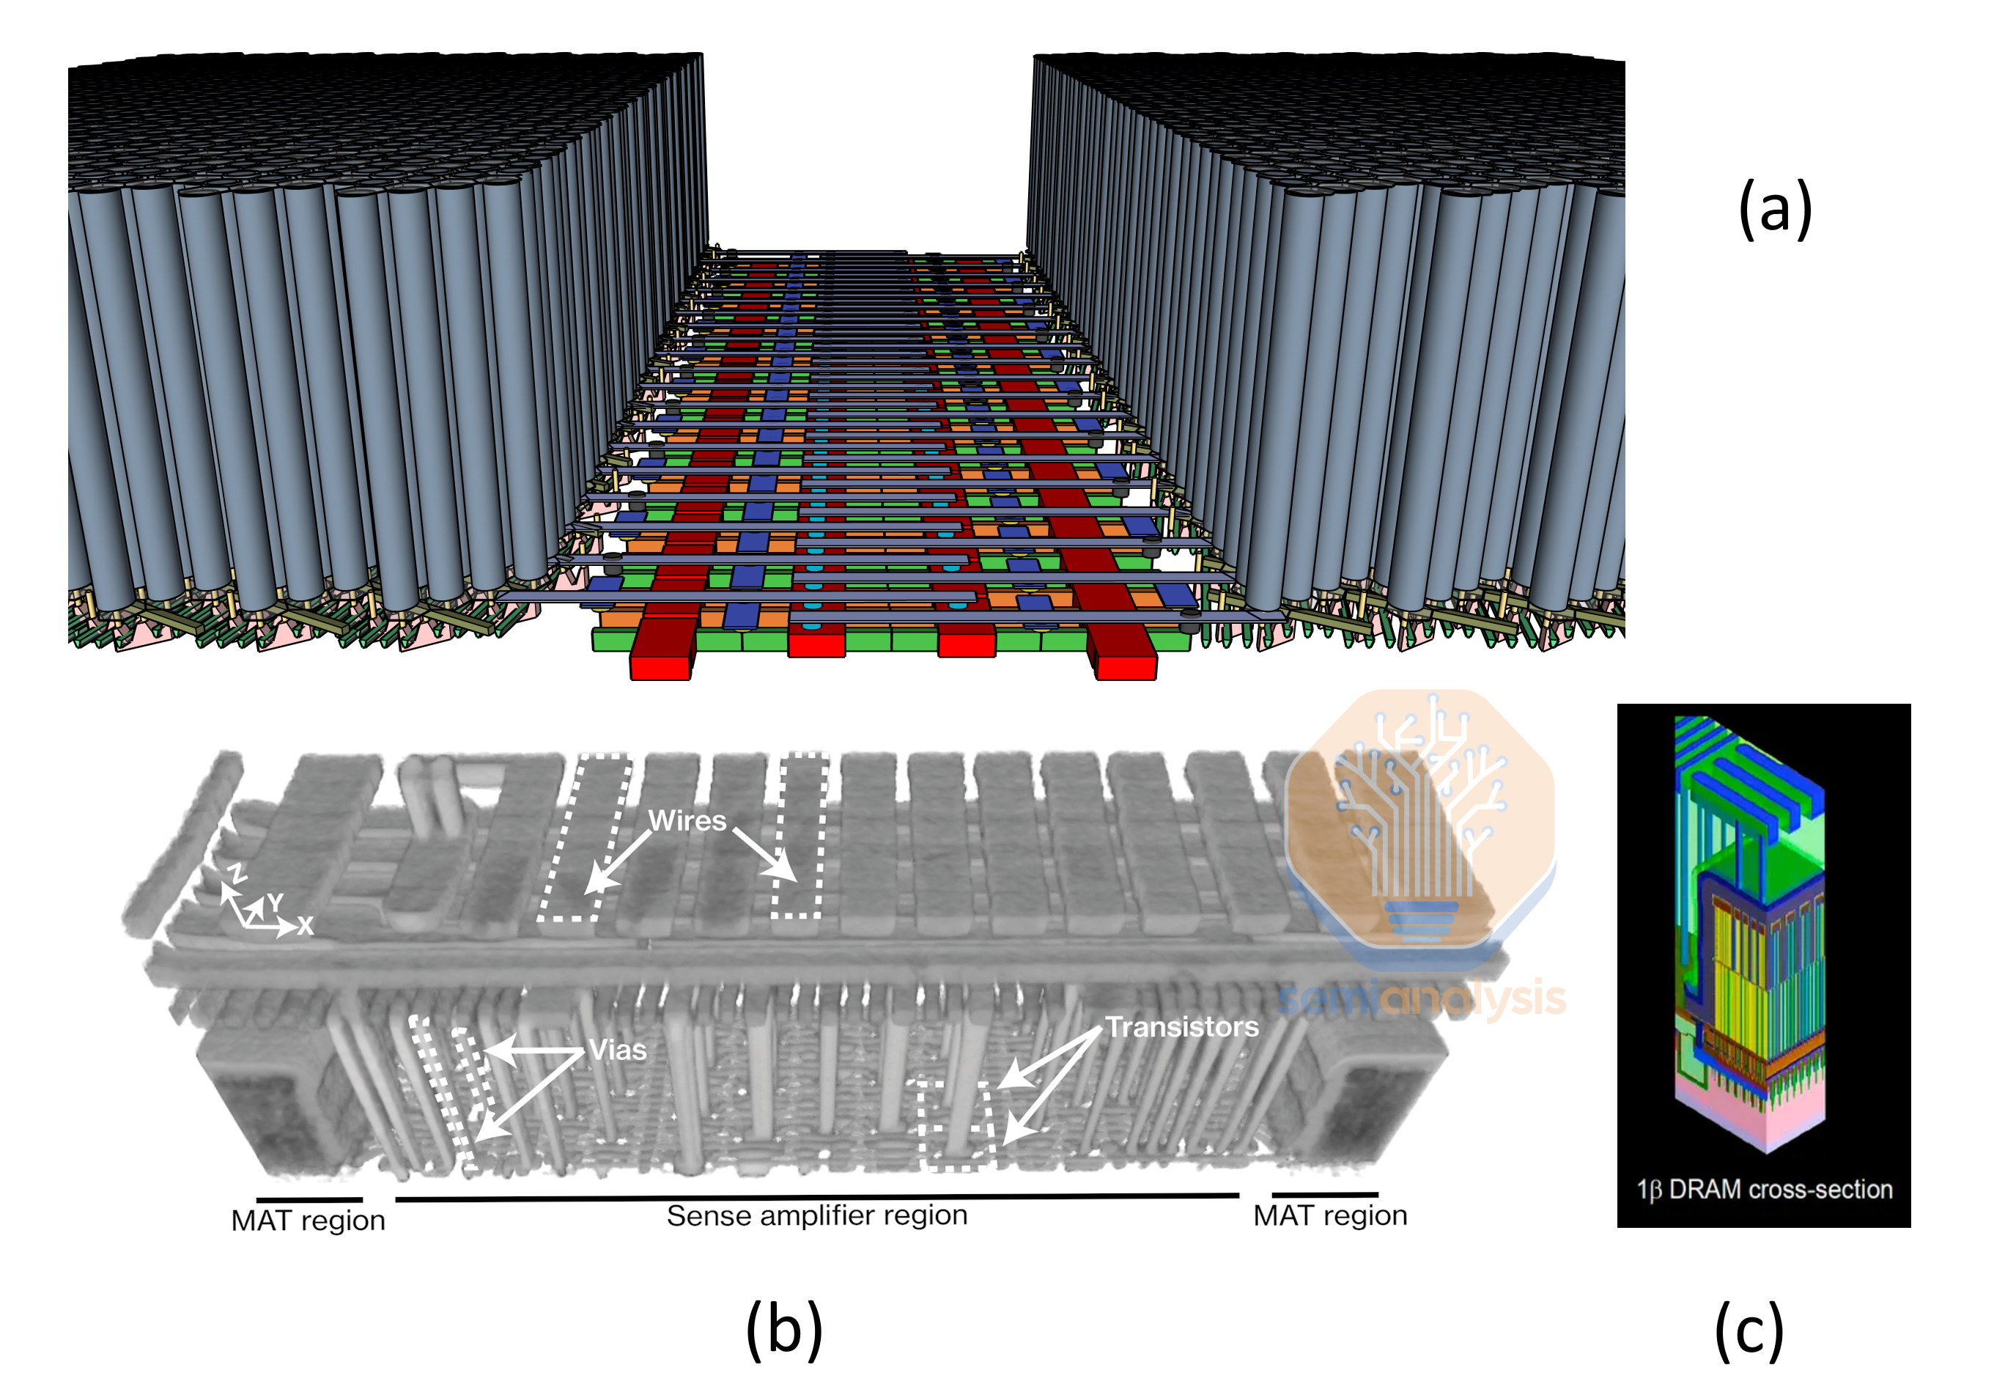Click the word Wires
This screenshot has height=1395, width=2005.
coord(687,820)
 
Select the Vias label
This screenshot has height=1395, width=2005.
coord(617,1049)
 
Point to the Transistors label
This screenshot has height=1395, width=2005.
coord(1181,1026)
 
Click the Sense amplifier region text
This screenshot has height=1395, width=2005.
coord(816,1215)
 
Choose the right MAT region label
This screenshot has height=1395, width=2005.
coord(1329,1215)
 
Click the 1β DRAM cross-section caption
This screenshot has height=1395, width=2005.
coord(1764,1189)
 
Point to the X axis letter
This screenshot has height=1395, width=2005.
coord(305,926)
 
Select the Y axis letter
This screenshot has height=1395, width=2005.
coord(275,902)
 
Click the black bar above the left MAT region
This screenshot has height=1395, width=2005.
coord(309,1200)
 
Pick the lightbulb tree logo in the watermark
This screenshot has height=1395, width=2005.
coord(1420,821)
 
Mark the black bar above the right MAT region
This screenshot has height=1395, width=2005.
coord(1324,1194)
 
